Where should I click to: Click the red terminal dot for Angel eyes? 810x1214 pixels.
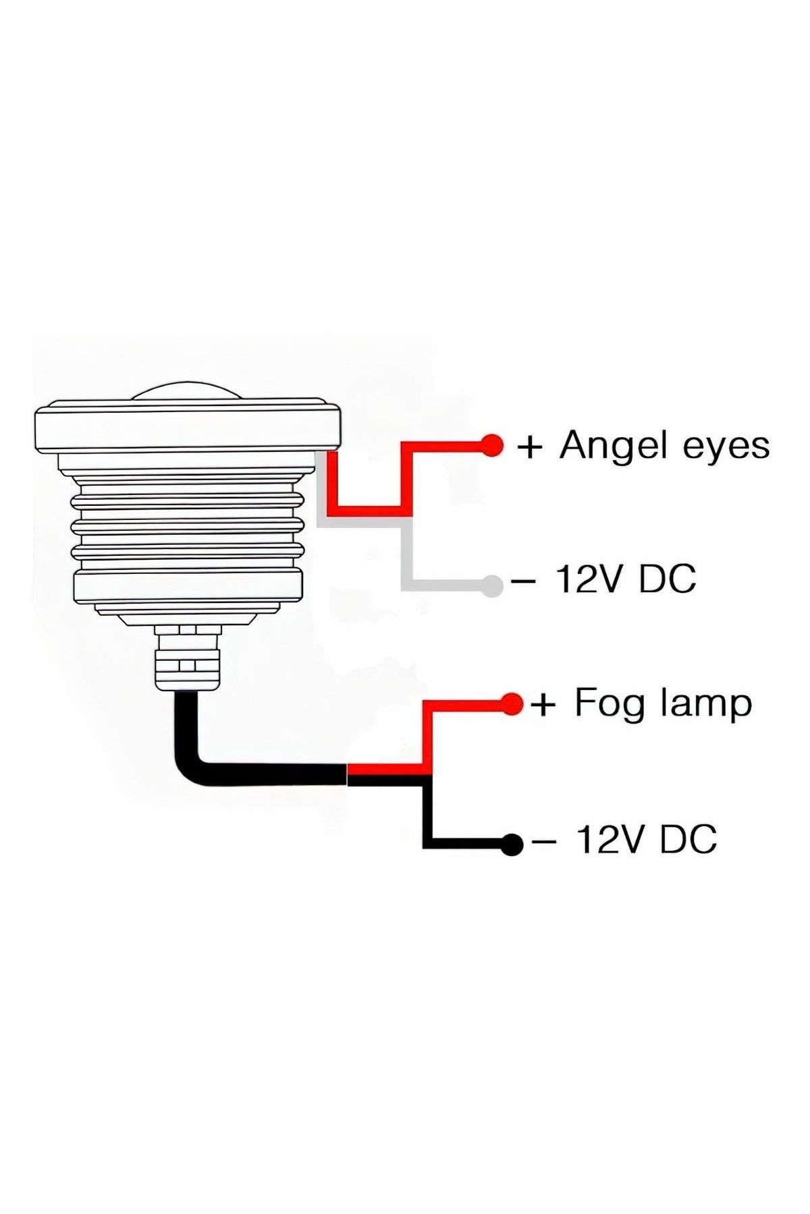(x=492, y=446)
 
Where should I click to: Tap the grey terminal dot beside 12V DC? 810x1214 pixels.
(x=493, y=586)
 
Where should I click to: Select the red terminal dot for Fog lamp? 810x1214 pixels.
(x=512, y=704)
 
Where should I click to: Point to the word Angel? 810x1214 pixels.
(x=611, y=446)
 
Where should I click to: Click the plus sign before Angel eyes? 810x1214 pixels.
(x=530, y=447)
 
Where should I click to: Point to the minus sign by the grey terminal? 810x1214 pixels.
(x=523, y=580)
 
